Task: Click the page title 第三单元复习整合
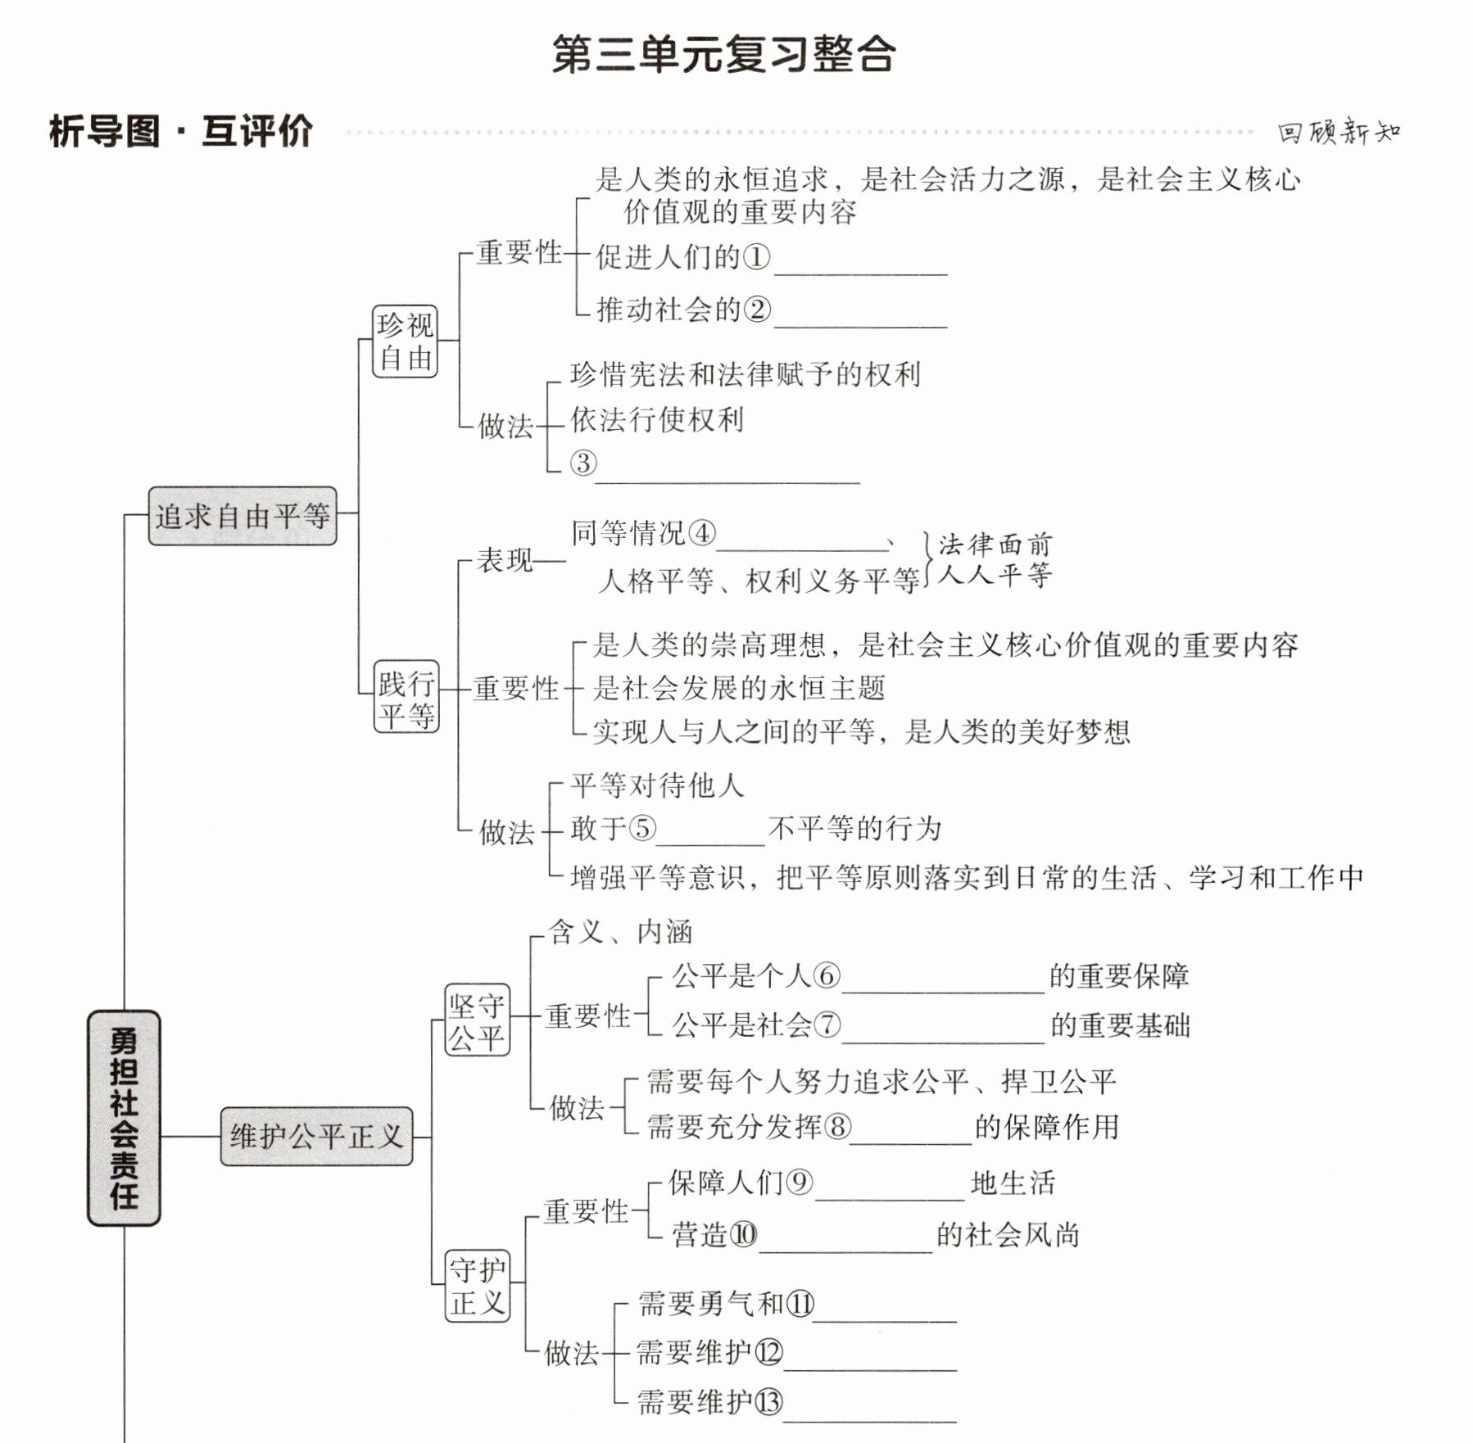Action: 723,55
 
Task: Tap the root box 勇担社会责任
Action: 124,1118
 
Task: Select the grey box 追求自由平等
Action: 242,516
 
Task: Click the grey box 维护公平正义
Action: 316,1137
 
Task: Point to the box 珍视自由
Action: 405,342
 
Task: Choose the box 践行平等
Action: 406,697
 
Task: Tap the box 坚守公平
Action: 477,1020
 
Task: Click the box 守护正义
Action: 477,1286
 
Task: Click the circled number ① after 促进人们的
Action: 756,257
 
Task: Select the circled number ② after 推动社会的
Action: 756,310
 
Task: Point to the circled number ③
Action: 583,463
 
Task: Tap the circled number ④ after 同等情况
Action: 701,533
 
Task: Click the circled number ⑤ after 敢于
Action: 641,828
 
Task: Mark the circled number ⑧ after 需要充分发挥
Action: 836,1127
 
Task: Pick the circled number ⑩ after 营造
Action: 743,1234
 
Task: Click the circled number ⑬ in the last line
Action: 768,1402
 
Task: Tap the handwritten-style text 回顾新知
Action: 1339,131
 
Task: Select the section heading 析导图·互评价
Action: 181,131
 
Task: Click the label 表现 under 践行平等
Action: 505,561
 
